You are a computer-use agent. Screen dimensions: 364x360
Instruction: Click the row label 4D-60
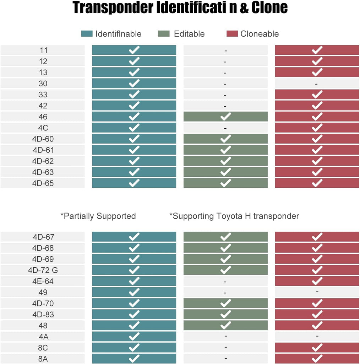(43, 139)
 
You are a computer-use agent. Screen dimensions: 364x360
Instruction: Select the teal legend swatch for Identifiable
(87, 34)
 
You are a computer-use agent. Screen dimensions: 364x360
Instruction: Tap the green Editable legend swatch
(164, 34)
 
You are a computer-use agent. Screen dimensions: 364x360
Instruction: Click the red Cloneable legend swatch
(232, 34)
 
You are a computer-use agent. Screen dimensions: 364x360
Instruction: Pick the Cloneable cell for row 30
(317, 84)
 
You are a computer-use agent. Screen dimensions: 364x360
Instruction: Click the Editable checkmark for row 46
(225, 117)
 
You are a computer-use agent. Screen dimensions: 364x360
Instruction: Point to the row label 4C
(43, 128)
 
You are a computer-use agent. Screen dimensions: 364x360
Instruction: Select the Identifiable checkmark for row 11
(134, 50)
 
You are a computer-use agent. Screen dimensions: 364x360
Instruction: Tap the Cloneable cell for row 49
(317, 292)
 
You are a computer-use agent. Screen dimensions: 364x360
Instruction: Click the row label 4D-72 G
(43, 270)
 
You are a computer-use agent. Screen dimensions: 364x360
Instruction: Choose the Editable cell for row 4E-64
(225, 281)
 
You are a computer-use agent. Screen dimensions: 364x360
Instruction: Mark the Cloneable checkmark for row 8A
(317, 358)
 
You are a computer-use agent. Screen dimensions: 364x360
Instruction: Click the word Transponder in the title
(113, 8)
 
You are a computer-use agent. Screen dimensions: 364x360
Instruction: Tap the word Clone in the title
(269, 8)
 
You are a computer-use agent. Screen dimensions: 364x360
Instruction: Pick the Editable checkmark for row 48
(225, 325)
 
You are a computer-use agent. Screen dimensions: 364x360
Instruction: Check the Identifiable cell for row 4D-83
(134, 314)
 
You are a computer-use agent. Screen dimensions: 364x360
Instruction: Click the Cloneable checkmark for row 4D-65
(317, 183)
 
